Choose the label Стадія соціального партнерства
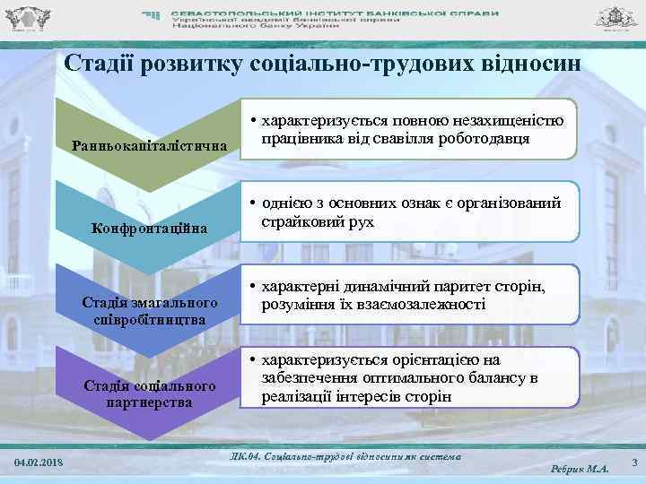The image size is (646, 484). click(151, 393)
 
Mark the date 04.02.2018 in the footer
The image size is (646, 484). click(39, 462)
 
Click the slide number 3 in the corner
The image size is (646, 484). click(633, 462)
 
